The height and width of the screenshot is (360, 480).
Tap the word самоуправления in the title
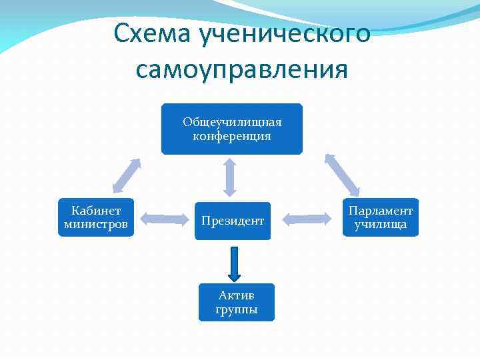coord(241,69)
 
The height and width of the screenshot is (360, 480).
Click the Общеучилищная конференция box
coord(231,129)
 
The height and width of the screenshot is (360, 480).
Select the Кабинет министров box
coord(96,217)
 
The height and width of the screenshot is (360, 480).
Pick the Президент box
coord(233,221)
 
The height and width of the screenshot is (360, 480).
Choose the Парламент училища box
coord(381,217)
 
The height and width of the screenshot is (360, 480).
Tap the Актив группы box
coord(236,302)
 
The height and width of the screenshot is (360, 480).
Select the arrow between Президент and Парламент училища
coord(307,218)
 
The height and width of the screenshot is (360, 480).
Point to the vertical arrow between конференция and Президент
coord(230,177)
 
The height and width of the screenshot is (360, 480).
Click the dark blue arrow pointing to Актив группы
coord(233,263)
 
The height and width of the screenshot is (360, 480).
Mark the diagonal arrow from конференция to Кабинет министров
coord(126,175)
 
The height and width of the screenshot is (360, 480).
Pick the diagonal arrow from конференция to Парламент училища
coord(341,174)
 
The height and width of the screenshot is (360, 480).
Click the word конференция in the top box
coord(231,136)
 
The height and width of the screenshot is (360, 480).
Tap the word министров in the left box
coord(96,224)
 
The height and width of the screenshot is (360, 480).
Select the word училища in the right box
coord(381,225)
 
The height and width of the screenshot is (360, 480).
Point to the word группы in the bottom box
coord(236,310)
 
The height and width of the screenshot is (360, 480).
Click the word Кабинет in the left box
coord(96,211)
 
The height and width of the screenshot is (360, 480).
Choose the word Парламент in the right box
coord(381,211)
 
